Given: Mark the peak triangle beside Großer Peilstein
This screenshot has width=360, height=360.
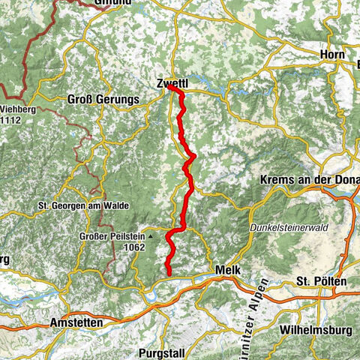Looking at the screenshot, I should click(150, 235).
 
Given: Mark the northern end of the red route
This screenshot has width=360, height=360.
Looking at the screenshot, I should click(169, 87).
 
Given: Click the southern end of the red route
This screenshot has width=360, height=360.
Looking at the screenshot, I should click(168, 274).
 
